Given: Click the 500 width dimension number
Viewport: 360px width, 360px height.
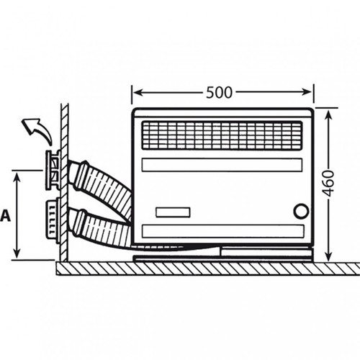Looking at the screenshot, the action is coord(219,93).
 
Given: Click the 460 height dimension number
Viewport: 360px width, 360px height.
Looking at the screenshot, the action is coord(328,184).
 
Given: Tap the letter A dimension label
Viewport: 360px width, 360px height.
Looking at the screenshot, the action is coord(5,215).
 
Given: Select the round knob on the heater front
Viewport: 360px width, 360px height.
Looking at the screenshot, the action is coord(301,211).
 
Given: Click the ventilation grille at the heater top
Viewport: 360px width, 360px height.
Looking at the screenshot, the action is coord(222,135).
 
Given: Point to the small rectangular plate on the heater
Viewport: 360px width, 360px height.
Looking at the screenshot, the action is coord(173,212).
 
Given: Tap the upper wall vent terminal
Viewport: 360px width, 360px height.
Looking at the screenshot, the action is coord(54,170).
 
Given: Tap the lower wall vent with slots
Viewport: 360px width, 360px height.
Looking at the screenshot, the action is coord(53,220).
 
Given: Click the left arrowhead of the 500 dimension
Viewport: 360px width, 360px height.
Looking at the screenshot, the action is coord(138,92).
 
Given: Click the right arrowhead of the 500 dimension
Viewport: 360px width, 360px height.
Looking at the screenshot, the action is coord(307,92).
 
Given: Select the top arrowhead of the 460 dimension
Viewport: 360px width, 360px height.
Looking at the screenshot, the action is coord(328,116).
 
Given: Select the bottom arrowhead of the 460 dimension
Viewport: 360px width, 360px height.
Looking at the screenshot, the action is coord(329,256).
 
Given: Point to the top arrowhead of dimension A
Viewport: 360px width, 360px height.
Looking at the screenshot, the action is coord(17,178).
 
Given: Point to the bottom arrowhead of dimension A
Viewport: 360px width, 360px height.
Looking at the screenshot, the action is coord(17,253).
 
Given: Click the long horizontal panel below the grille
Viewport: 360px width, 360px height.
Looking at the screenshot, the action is coord(222,165).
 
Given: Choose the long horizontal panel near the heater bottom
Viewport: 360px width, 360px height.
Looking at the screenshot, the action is coord(223,231).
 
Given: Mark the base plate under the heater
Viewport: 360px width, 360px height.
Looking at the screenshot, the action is coord(223,258).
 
